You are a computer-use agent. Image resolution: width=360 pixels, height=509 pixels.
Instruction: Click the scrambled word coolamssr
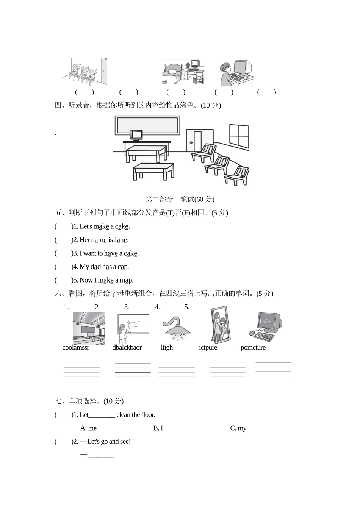pyautogui.click(x=76, y=347)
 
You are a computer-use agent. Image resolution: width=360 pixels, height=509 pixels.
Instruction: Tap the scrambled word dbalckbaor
pyautogui.click(x=127, y=347)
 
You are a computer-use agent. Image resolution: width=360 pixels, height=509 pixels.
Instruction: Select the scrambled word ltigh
pyautogui.click(x=167, y=347)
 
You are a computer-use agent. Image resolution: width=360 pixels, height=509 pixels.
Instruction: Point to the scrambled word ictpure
pyautogui.click(x=208, y=347)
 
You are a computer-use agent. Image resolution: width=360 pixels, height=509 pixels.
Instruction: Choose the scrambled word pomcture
pyautogui.click(x=253, y=347)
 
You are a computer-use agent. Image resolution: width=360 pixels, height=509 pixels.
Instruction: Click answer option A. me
pyautogui.click(x=88, y=428)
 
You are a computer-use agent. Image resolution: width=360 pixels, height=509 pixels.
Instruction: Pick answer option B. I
pyautogui.click(x=158, y=428)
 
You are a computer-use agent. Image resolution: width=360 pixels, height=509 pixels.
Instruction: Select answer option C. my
pyautogui.click(x=238, y=428)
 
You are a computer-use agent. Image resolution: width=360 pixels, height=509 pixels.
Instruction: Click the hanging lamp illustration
pyautogui.click(x=177, y=329)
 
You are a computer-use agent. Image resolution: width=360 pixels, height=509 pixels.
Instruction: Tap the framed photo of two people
pyautogui.click(x=221, y=325)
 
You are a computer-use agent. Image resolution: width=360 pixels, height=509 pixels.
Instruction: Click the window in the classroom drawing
pyautogui.click(x=239, y=136)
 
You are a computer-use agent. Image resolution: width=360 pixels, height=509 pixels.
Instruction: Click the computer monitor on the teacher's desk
pyautogui.click(x=136, y=136)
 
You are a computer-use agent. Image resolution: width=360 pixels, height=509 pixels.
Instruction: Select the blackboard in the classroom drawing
pyautogui.click(x=147, y=125)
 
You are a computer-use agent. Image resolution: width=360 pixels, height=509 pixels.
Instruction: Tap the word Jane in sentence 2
pyautogui.click(x=121, y=240)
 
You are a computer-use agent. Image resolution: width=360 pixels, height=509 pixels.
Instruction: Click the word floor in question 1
pyautogui.click(x=148, y=415)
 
